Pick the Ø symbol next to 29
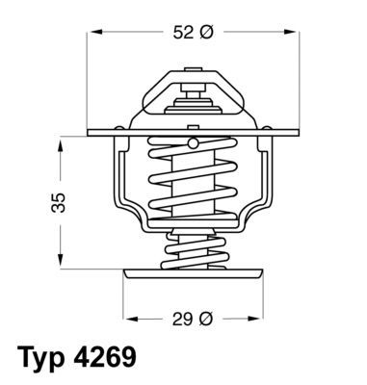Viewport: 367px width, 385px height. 204,319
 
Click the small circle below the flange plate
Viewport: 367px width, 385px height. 193,143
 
